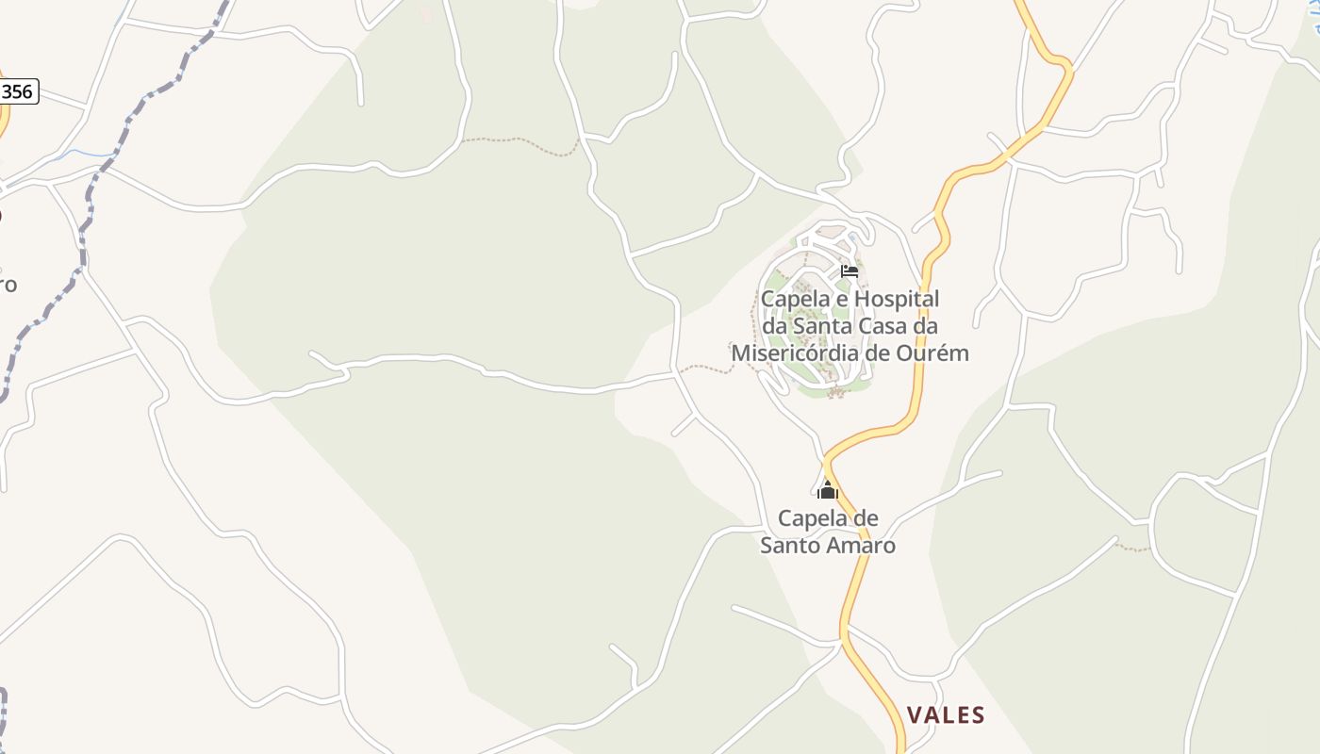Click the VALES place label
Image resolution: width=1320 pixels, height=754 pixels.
(946, 715)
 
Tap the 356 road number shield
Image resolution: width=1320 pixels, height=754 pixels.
(17, 91)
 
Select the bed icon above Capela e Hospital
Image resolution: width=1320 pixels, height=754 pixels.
(850, 271)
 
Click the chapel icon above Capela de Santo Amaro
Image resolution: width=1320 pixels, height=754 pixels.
(828, 490)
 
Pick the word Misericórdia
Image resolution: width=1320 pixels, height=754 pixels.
(787, 353)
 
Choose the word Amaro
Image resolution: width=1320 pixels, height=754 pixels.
(859, 546)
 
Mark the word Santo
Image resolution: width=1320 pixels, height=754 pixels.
(789, 546)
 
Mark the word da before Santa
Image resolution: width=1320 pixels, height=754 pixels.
(774, 326)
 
